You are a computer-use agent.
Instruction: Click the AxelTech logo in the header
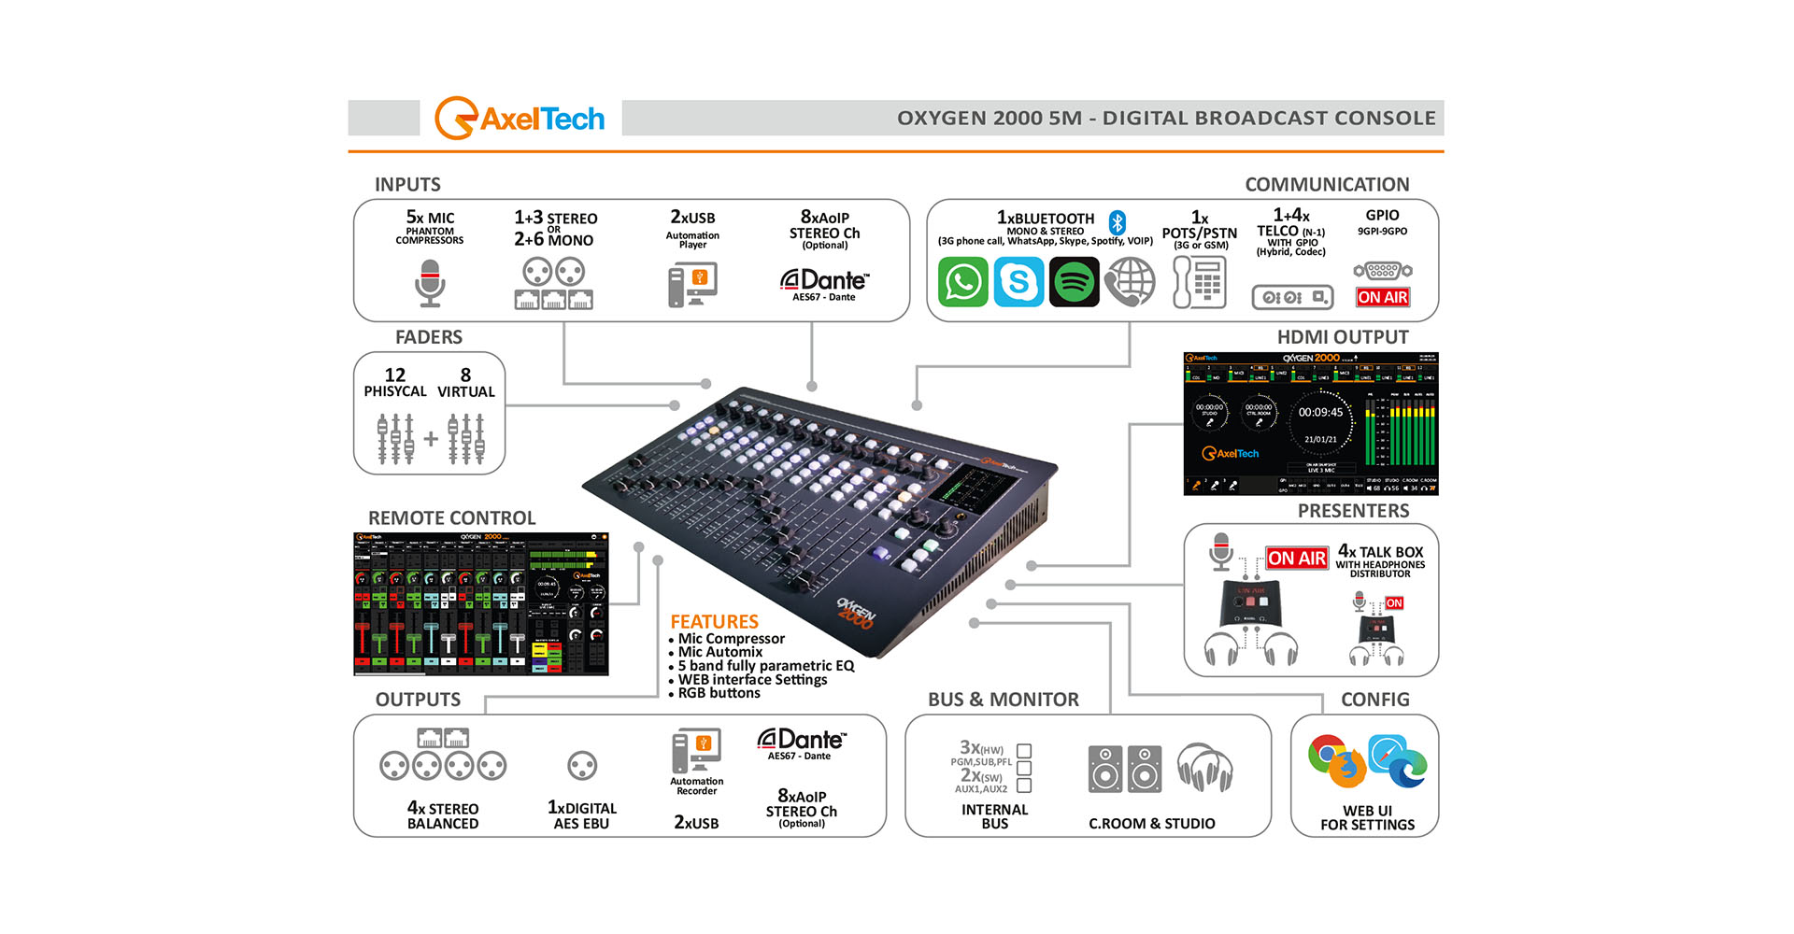[x=520, y=119]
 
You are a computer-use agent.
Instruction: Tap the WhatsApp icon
[x=962, y=281]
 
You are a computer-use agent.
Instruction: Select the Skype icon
[x=1018, y=281]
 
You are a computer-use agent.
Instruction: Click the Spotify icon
[x=1074, y=281]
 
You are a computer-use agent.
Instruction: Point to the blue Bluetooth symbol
[x=1118, y=222]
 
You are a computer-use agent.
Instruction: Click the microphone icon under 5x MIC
[x=430, y=283]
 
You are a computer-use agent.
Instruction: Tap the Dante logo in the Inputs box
[x=824, y=282]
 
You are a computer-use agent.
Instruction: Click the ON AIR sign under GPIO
[x=1383, y=297]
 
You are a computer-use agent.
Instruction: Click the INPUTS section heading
[x=407, y=184]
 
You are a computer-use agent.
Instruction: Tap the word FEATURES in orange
[x=714, y=621]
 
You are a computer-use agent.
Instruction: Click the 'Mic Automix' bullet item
[x=719, y=652]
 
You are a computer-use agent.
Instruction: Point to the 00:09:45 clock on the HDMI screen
[x=1320, y=412]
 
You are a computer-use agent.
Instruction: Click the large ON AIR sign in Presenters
[x=1297, y=559]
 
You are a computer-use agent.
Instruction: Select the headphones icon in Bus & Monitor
[x=1204, y=768]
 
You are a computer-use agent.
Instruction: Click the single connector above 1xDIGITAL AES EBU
[x=582, y=766]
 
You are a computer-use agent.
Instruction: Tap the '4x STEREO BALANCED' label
[x=443, y=815]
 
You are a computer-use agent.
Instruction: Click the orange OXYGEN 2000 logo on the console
[x=856, y=614]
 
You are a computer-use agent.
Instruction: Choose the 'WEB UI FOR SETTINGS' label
[x=1367, y=817]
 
